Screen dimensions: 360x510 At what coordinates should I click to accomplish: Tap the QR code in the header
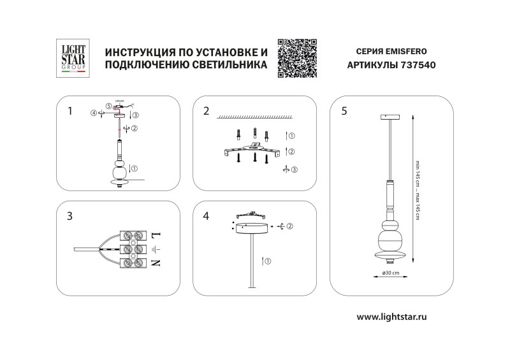pos(298,58)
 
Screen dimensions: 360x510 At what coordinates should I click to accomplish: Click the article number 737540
pos(418,65)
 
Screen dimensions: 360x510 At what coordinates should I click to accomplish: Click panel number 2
pos(206,112)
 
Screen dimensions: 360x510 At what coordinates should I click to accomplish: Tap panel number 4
pos(206,217)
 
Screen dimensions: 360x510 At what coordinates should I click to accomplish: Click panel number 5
pos(344,112)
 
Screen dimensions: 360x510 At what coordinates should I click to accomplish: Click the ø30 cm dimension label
pos(390,273)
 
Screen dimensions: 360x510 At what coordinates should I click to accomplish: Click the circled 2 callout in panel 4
pos(289,226)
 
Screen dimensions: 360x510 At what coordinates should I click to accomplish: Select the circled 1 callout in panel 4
pos(268,261)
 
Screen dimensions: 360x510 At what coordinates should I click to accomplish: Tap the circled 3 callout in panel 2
pos(293,169)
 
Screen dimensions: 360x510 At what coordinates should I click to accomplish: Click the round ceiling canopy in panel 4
pos(254,228)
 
